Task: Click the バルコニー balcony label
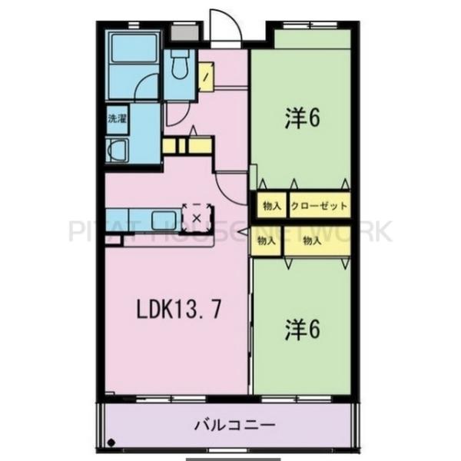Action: click(225, 424)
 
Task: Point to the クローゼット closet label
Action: click(319, 207)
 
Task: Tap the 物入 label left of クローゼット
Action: click(270, 207)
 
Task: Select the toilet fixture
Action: click(181, 68)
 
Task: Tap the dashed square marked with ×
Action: click(197, 217)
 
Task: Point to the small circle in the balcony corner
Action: click(112, 442)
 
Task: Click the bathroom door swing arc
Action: click(148, 88)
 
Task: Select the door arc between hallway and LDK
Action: click(229, 184)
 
